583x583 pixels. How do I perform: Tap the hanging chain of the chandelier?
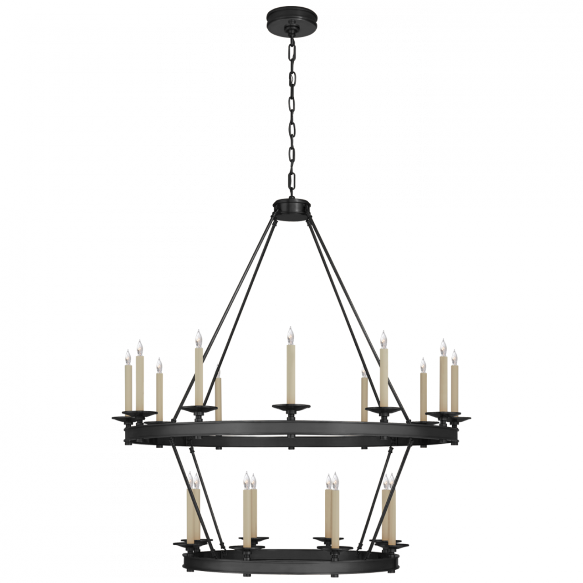291,114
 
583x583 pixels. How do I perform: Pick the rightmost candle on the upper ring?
454,380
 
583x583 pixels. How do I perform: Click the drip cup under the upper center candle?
290,405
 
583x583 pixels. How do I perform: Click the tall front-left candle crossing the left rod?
198,373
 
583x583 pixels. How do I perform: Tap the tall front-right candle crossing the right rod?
384,373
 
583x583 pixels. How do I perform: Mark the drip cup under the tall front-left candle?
199,408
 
